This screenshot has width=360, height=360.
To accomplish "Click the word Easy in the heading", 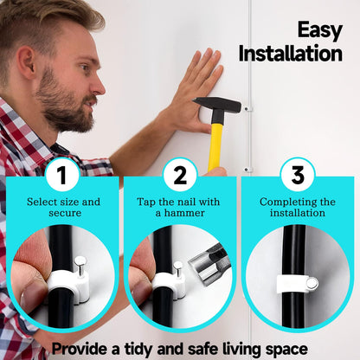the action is point(320,31).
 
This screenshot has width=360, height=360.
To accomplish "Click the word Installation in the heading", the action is point(291,54).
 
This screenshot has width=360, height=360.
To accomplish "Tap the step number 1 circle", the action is point(62,175).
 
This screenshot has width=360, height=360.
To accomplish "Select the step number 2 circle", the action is point(180,175).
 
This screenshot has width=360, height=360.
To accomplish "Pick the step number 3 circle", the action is point(298,175).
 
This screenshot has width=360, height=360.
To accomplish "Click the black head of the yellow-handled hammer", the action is point(217,106).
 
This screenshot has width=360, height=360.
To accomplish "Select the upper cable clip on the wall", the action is point(247,109).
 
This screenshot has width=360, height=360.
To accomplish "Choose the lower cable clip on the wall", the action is point(247,170).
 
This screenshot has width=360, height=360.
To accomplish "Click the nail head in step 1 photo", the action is point(79,261).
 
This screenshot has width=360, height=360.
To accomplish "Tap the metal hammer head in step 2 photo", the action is point(206,267).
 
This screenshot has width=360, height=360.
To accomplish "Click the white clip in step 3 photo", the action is point(297,285).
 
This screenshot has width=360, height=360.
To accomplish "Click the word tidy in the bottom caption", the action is point(139,349).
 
